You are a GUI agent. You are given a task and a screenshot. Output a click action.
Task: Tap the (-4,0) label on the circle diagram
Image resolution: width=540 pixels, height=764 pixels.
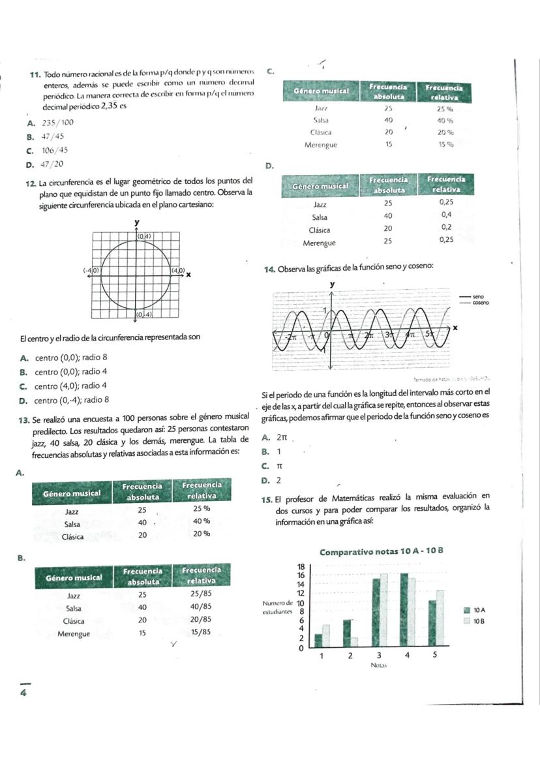[x=91, y=269]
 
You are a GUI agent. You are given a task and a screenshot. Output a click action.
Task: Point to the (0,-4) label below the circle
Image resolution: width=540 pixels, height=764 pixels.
[x=143, y=314]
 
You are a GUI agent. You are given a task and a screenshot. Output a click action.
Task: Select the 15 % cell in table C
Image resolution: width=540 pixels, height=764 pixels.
[x=445, y=144]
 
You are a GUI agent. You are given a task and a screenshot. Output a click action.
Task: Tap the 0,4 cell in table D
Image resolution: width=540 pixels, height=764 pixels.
[x=446, y=215]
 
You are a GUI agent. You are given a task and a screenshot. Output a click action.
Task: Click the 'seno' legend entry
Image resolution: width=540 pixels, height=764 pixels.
[x=478, y=297]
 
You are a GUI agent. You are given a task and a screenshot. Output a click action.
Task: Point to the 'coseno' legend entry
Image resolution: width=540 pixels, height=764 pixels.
[x=481, y=303]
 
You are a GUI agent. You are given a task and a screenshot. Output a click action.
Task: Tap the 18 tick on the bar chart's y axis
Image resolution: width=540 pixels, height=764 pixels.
[x=301, y=566]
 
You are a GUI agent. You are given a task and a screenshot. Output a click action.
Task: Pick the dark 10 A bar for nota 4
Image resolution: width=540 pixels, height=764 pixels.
[x=404, y=609]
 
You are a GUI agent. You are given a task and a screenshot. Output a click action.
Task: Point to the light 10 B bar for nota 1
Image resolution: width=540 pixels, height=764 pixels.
[x=325, y=634]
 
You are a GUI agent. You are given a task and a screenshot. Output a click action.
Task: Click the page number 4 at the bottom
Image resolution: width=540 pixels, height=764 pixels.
[x=23, y=694]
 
